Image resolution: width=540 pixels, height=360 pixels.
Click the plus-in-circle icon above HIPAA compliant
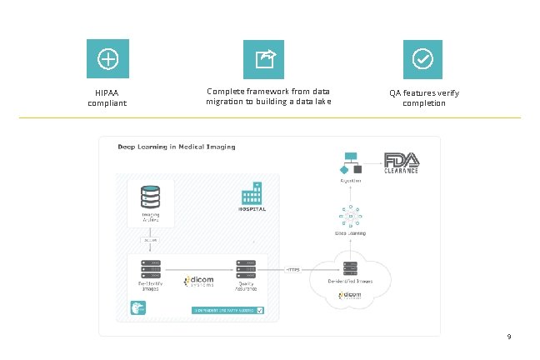click(107, 58)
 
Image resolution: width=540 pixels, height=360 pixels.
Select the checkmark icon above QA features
click(423, 58)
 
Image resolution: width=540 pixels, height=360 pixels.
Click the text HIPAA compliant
click(107, 98)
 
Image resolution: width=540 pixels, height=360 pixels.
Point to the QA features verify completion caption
click(423, 97)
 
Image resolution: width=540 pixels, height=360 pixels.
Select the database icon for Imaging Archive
click(151, 198)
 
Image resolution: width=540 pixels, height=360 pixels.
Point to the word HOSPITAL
click(252, 210)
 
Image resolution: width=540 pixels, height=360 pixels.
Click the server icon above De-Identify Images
click(151, 268)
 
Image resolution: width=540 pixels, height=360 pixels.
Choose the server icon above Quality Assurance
click(246, 268)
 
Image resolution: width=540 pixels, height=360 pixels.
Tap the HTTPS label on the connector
click(292, 270)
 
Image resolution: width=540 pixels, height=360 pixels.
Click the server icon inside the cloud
click(351, 268)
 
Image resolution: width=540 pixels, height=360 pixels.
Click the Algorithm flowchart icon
click(351, 163)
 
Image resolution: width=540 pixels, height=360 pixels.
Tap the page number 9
click(508, 337)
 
